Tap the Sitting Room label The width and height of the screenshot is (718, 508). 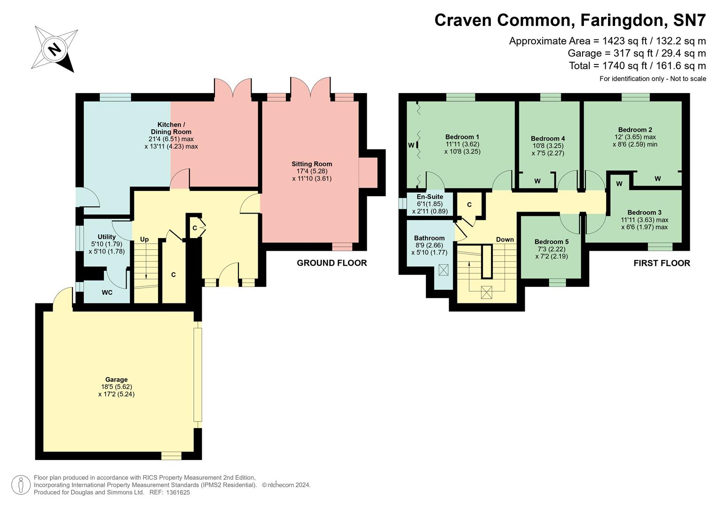[312, 164]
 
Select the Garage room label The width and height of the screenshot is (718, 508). [116, 380]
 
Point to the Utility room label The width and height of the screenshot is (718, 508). [107, 237]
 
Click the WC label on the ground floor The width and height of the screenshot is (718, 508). [107, 293]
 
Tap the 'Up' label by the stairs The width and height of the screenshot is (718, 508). [144, 239]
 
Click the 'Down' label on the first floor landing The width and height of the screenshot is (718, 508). [505, 239]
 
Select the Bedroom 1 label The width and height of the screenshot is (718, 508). [462, 137]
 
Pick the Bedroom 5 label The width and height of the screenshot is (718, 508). [552, 242]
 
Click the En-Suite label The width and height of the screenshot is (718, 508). [430, 197]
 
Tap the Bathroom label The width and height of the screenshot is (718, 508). [429, 238]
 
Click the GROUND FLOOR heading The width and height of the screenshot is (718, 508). [331, 263]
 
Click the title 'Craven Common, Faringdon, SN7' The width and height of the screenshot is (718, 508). [570, 20]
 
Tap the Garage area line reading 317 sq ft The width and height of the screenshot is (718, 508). [637, 53]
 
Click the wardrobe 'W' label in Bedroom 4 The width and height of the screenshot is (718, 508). [537, 181]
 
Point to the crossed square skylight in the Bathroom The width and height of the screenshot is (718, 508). [443, 270]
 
